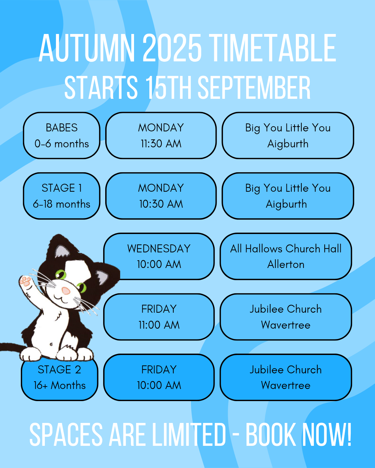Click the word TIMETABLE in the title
click(272, 48)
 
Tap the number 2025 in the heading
click(172, 48)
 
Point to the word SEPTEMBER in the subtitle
click(254, 87)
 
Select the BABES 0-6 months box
click(62, 136)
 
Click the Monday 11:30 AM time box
click(161, 136)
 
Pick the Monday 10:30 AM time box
click(161, 196)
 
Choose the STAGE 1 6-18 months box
click(62, 196)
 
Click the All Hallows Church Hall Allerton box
click(286, 257)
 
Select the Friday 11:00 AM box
click(159, 317)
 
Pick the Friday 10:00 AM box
click(159, 377)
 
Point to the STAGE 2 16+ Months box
click(59, 379)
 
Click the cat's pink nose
click(66, 291)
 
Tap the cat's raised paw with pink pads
click(25, 281)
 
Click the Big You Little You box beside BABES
click(288, 136)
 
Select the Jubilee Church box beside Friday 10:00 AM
click(286, 377)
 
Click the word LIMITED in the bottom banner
click(189, 435)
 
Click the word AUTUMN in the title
click(87, 48)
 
